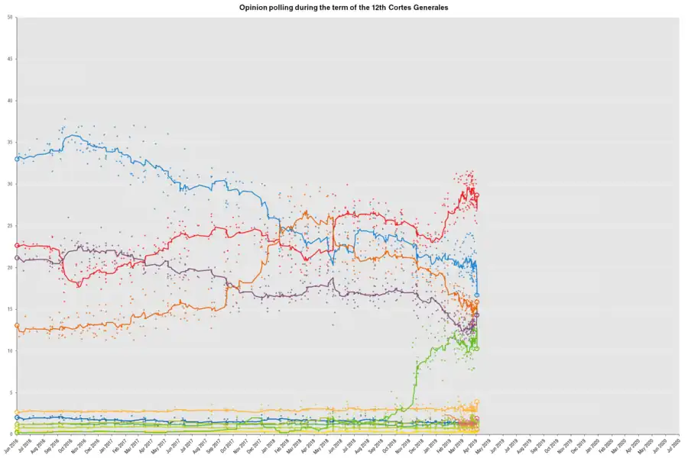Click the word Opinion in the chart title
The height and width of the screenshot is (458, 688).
click(x=256, y=7)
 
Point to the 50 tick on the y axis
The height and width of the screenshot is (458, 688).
click(x=9, y=18)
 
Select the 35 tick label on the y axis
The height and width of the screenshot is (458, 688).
click(x=9, y=143)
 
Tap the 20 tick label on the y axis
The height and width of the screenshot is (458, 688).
click(x=9, y=268)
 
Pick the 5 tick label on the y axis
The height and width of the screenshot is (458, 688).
click(x=10, y=392)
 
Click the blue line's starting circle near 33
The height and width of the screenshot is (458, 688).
click(x=17, y=159)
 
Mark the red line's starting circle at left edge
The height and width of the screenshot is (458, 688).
click(x=17, y=246)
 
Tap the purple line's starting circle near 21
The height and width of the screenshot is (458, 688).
click(x=17, y=258)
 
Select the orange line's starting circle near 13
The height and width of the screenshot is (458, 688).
click(x=17, y=325)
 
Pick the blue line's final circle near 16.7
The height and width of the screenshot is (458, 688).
click(x=477, y=295)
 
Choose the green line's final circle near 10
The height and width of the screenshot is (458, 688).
click(x=477, y=349)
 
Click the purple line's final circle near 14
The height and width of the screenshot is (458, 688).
click(x=477, y=314)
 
